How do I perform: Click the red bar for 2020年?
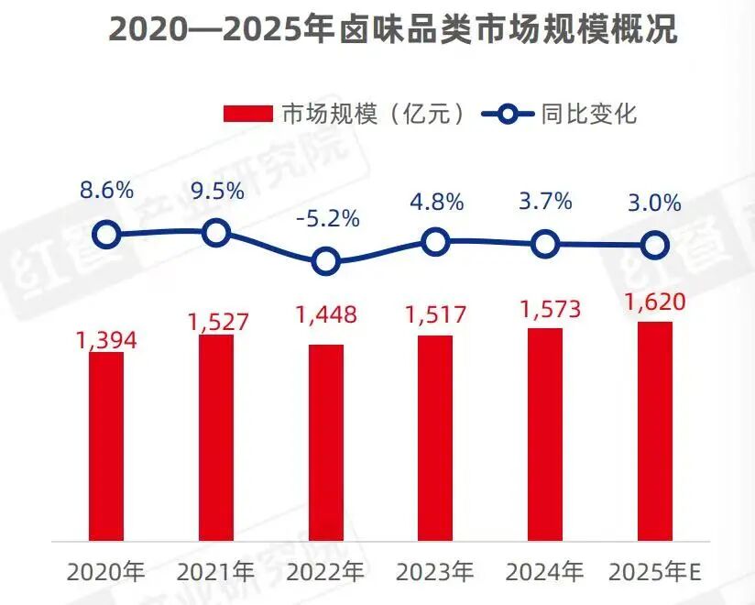[x=106, y=446]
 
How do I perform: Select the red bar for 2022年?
[x=326, y=442]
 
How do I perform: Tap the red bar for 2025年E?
[x=655, y=431]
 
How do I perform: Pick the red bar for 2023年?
[x=435, y=438]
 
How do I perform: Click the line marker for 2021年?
[x=215, y=233]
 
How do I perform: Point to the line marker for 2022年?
[x=326, y=261]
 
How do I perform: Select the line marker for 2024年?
[x=545, y=244]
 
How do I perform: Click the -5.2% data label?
[x=328, y=219]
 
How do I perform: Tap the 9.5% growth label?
[x=218, y=192]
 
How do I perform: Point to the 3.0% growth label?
[x=654, y=203]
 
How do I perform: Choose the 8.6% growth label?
[x=106, y=191]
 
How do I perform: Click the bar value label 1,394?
[x=106, y=341]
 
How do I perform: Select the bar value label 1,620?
[x=655, y=302]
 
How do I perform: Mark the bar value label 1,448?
[x=326, y=314]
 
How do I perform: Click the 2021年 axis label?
[x=215, y=572]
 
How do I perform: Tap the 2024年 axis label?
[x=544, y=572]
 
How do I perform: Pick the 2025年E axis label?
[x=655, y=572]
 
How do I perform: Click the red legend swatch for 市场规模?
[x=248, y=115]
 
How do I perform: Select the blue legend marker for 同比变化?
[x=508, y=115]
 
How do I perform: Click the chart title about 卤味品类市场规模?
[x=393, y=30]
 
